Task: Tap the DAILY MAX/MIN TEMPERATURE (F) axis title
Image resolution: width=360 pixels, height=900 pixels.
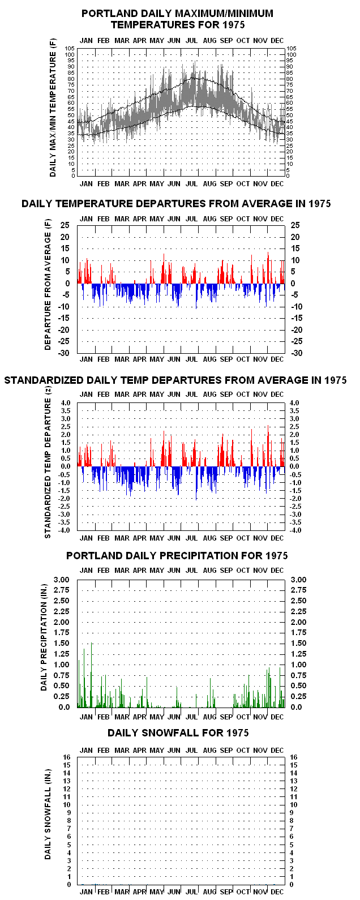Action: (x=53, y=108)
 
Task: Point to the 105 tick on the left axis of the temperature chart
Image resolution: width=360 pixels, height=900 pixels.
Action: (x=70, y=48)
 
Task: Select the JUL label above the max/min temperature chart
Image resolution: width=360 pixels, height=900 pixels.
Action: (x=192, y=41)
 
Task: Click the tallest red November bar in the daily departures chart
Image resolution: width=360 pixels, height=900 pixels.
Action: (x=268, y=268)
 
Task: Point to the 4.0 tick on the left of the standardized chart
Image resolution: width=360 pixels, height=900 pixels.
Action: (x=66, y=403)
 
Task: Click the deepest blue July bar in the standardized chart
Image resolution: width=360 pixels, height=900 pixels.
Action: (x=196, y=483)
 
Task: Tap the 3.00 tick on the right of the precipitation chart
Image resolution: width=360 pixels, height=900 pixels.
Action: (x=298, y=580)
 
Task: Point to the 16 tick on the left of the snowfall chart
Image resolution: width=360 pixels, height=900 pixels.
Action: (x=67, y=757)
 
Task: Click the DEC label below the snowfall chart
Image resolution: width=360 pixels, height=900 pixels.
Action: (x=277, y=892)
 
